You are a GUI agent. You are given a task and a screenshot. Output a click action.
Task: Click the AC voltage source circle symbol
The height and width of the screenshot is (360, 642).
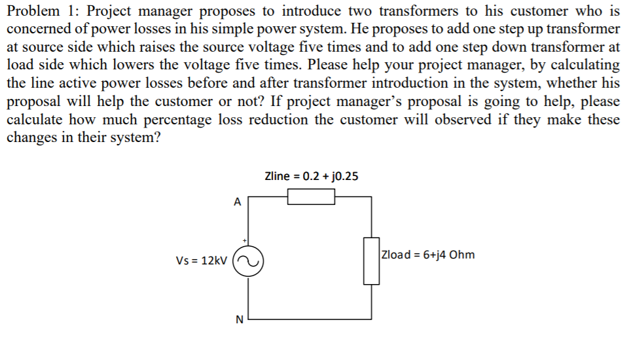(x=248, y=260)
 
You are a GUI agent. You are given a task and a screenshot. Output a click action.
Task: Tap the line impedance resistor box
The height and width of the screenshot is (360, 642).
(x=312, y=196)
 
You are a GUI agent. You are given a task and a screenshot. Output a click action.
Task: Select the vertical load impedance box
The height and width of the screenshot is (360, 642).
(x=372, y=260)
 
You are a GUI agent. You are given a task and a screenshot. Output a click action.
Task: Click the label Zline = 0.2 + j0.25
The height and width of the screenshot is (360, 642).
(x=312, y=176)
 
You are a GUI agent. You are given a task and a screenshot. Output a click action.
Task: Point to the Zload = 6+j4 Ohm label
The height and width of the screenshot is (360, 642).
(x=428, y=255)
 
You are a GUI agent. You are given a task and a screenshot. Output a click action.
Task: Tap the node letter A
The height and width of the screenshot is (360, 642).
(x=237, y=202)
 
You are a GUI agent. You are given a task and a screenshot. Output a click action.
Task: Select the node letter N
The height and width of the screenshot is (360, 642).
(x=238, y=319)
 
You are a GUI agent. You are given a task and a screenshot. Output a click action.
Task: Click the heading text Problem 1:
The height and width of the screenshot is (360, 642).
(x=43, y=11)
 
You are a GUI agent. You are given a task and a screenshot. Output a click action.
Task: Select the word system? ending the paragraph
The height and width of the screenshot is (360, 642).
(x=136, y=139)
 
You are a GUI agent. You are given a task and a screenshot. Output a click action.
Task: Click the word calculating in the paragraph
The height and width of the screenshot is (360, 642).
(x=577, y=65)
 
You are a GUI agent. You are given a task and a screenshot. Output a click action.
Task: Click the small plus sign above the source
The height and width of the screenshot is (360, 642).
(x=244, y=240)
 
